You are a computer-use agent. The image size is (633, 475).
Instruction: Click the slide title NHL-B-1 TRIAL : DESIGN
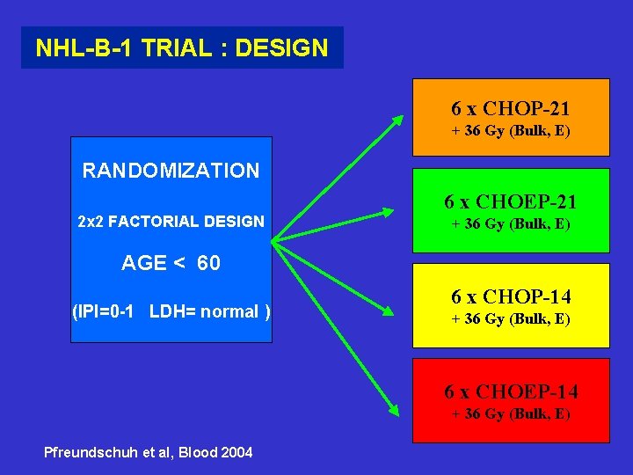point(181,47)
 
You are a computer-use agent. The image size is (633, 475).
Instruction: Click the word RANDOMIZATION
point(171,171)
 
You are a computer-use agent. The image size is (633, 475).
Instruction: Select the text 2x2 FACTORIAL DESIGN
point(171,222)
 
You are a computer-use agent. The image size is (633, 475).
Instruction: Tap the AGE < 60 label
point(171,264)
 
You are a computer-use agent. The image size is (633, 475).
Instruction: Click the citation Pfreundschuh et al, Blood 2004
point(149,452)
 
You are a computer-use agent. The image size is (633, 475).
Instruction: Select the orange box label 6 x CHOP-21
point(511,109)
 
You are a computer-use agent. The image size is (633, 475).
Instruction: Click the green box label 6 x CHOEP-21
point(511,201)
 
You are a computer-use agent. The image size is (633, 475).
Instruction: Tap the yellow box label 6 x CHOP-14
point(511,296)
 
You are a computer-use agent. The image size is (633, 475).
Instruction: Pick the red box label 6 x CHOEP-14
point(511,391)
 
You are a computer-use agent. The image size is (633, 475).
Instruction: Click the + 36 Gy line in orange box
point(511,132)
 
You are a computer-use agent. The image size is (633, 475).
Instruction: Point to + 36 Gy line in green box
point(511,224)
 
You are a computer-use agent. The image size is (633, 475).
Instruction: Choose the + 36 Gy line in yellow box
point(511,319)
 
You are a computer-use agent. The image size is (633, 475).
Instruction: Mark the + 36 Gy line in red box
point(511,413)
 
